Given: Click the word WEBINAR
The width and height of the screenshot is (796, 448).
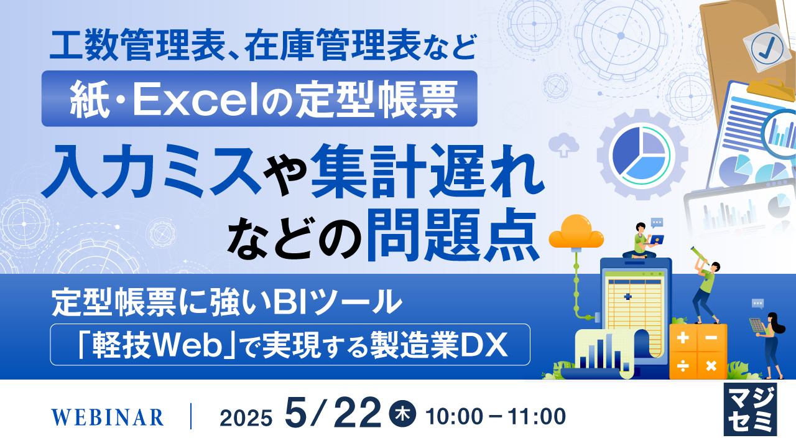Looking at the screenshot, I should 108,417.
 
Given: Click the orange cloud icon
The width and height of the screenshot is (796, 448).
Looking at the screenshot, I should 576,231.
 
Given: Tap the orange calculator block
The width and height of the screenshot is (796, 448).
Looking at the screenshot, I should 698,351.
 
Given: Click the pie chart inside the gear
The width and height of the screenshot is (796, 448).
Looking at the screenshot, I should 641,154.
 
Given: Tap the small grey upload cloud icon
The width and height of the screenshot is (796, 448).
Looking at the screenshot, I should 564,144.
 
